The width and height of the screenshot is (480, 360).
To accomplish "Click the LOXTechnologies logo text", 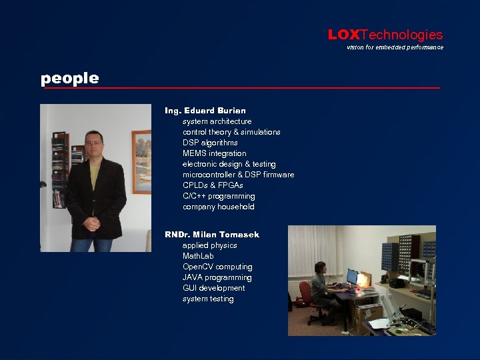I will coord(385,35).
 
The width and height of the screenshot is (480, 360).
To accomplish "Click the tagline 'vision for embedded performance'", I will coord(395,47).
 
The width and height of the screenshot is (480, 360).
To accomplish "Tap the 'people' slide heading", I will coord(69,78).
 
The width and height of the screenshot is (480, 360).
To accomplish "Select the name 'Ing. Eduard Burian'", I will coord(205,110).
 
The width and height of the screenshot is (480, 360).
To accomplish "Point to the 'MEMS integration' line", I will coord(214,153).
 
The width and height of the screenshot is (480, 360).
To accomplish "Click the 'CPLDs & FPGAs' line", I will coord(213,185).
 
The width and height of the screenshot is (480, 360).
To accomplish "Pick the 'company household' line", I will coord(218,207).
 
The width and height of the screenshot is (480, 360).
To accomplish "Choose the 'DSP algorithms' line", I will coord(210,143).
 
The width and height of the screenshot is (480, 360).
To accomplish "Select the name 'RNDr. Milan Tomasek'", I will coord(212,234).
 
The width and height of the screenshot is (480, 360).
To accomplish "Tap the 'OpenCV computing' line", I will coord(217,267).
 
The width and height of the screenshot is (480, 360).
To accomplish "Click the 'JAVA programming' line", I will coord(217,277).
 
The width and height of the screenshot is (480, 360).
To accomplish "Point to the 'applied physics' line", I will coord(209,245).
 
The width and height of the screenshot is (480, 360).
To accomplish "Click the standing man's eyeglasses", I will coord(94,143).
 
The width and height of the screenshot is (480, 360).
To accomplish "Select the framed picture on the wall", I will coord(141,161).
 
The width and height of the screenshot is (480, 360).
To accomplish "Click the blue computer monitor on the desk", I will coord(351,275).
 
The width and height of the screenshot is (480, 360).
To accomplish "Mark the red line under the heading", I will coord(240,88).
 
